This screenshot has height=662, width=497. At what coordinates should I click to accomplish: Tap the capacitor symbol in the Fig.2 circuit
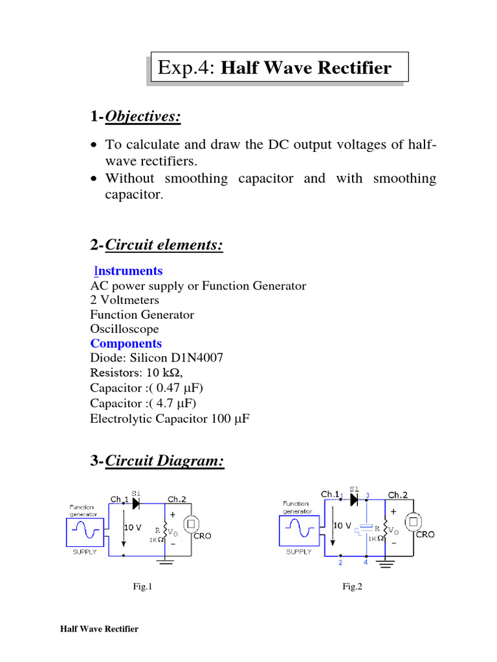coord(366,528)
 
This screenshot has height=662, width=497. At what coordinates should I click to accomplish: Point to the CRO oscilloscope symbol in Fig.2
coord(412,521)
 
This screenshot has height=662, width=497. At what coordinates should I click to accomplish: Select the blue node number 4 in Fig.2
coord(366,562)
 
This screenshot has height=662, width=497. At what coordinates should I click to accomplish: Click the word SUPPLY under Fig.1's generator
coord(85,551)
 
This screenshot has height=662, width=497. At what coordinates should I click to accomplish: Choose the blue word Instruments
coord(126,271)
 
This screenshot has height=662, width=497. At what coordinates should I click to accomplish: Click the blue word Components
coord(126,343)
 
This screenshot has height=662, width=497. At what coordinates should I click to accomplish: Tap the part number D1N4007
coord(194,358)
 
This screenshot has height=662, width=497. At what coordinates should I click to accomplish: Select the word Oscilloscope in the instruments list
coord(124,329)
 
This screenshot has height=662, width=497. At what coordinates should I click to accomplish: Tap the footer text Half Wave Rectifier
coord(99,629)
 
